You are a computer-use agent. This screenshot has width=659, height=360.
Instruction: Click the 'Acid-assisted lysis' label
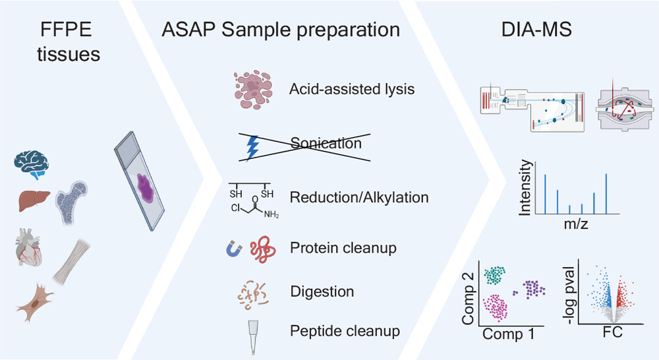(x=353, y=88)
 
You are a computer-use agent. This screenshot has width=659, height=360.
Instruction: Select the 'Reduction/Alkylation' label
(x=359, y=197)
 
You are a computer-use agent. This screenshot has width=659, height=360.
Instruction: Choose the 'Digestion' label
(x=322, y=291)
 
